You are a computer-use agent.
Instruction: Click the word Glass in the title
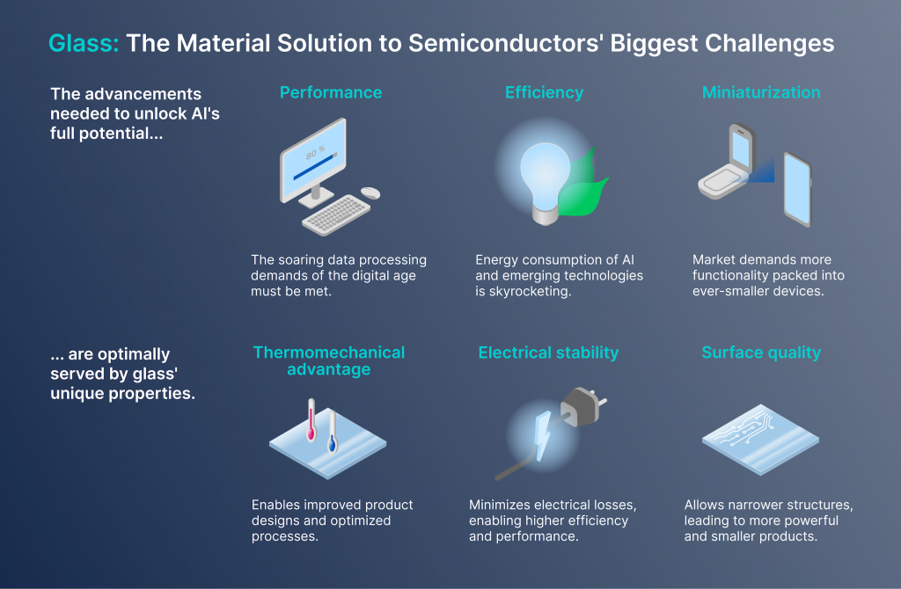point(83,44)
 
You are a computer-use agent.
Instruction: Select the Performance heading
point(331,92)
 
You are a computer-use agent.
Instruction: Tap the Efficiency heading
point(544,92)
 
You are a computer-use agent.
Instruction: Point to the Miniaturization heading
point(761,92)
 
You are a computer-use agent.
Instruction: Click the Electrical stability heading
point(548,353)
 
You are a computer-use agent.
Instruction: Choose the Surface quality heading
point(761,353)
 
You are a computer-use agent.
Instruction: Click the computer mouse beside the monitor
point(370,193)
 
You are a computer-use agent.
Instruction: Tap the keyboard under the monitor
point(336,215)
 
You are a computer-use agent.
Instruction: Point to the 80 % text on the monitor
point(316,153)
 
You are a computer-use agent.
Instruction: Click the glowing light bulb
point(545,181)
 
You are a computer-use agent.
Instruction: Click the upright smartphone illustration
point(797,189)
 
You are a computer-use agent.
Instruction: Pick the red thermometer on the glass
point(311,420)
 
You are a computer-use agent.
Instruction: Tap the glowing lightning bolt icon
point(542,436)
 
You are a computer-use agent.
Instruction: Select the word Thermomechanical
point(329,353)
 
